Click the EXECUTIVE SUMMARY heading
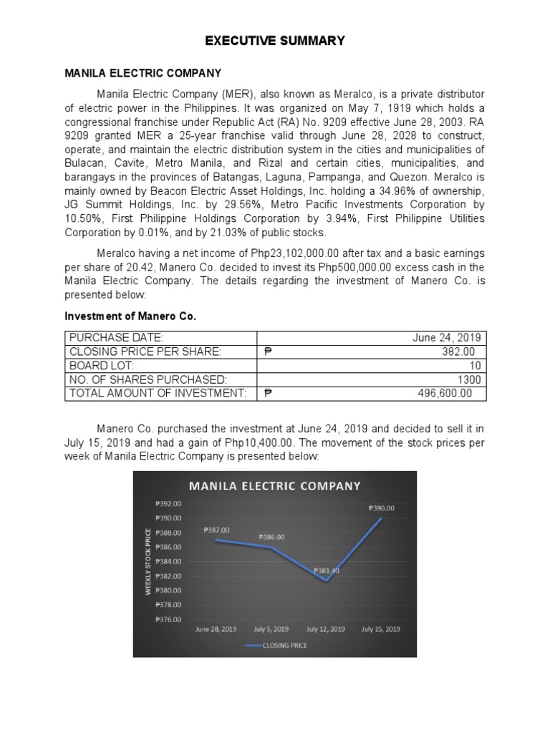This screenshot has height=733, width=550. (x=275, y=41)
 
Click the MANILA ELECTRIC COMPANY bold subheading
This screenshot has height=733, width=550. (x=143, y=73)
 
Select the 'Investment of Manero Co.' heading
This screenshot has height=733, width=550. (x=130, y=316)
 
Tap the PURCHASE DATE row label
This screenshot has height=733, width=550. (x=115, y=337)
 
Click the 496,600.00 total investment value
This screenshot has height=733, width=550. (x=445, y=393)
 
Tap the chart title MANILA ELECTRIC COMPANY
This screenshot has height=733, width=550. (x=274, y=486)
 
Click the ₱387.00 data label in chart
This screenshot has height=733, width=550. (x=216, y=530)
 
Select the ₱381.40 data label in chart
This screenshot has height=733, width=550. (x=326, y=571)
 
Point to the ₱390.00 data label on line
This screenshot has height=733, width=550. (x=381, y=508)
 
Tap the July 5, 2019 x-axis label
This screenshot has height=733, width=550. (x=271, y=629)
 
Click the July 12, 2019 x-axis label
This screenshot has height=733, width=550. (x=326, y=629)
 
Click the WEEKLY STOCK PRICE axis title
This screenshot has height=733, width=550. (x=149, y=560)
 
